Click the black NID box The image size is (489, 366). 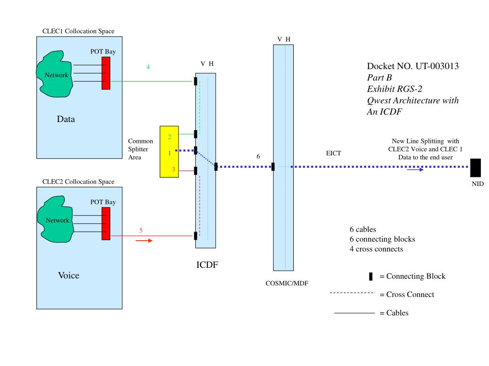coord(475,167)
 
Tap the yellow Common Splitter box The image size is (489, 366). coord(169,152)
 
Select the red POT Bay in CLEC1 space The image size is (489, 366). coord(106,72)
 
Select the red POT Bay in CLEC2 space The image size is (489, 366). coord(106,224)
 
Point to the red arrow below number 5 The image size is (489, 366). coord(144,241)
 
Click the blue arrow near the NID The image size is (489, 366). coord(415,170)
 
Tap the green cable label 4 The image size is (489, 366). coord(148,67)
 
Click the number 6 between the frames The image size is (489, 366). coord(258,156)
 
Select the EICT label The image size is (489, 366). coord(333,153)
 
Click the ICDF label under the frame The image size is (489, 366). coord(207,265)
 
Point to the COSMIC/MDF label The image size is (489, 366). coord(287,283)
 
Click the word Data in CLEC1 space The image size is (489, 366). coord(66,119)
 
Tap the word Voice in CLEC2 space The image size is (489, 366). coord(68,275)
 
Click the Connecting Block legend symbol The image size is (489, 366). coord(371,277)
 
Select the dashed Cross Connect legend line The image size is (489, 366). coord(352,294)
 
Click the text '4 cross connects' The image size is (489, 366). coord(376,249)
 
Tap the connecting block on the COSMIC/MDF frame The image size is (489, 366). coord(273,167)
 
